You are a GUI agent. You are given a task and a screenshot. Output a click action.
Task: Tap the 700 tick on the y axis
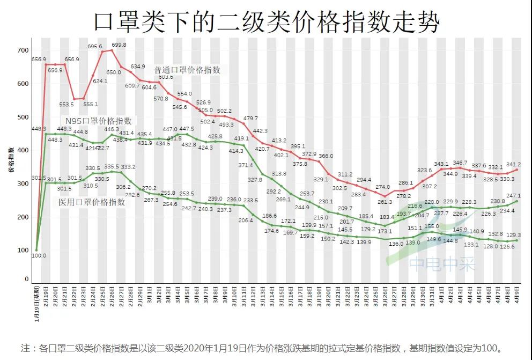click(22, 50)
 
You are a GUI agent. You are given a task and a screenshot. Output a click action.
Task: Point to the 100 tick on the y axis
click(22, 250)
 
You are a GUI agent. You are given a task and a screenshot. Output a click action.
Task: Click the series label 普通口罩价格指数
click(187, 70)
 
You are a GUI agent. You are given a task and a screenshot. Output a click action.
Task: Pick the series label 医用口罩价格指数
click(92, 202)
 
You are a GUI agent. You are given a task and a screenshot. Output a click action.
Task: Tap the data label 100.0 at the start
click(39, 256)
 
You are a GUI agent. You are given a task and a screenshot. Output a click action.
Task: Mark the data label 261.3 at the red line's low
click(385, 202)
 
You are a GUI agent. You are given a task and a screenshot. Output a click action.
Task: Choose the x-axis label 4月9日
click(517, 296)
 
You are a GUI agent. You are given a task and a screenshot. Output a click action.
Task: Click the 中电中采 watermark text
click(442, 264)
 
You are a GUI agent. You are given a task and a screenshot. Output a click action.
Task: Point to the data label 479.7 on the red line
click(250, 119)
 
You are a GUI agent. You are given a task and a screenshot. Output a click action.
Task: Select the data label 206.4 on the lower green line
click(246, 221)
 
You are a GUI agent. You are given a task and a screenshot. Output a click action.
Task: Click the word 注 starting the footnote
click(24, 348)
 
